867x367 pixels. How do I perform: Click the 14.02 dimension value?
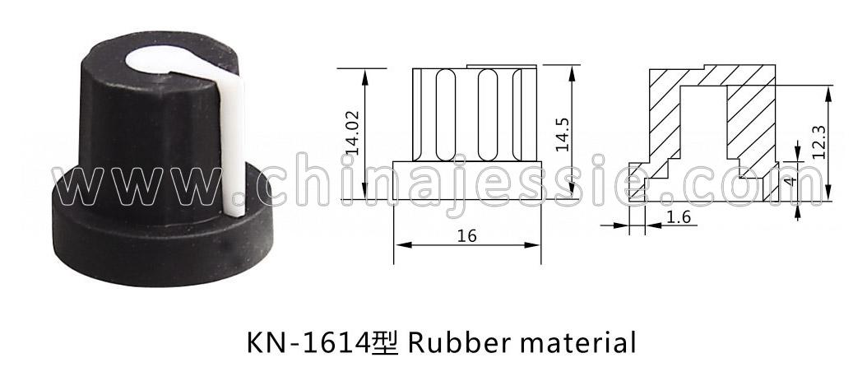[353, 132]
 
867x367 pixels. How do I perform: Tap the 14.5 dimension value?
[563, 132]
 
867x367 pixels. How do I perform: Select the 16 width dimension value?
[467, 236]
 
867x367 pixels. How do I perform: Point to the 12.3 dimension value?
[819, 142]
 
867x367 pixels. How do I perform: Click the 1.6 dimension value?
[679, 217]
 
